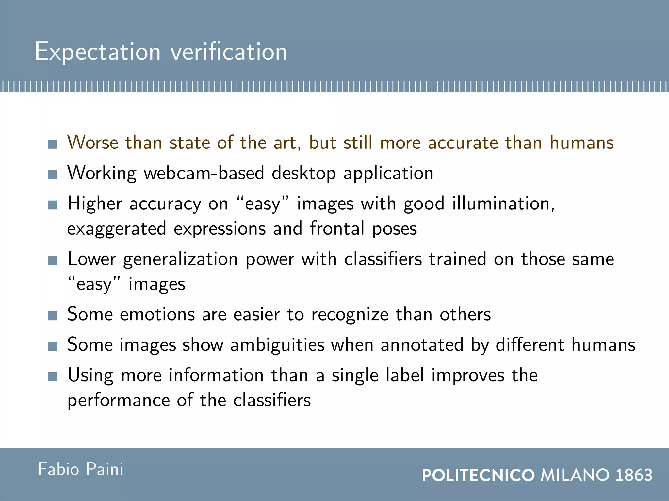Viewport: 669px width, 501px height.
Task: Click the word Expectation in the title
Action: pos(98,52)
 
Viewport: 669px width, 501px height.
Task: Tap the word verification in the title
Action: pos(229,52)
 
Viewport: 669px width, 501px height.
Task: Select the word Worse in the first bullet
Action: pos(92,143)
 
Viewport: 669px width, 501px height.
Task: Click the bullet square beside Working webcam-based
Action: pos(52,175)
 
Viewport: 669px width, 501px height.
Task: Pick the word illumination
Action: pos(503,204)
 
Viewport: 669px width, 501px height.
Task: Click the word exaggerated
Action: pos(117,229)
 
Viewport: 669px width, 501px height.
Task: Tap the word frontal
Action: pos(337,228)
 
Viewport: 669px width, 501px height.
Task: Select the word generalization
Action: pos(181,260)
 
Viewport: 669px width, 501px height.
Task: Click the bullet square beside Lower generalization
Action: pos(52,260)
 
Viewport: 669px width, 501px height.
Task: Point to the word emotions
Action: pos(157,314)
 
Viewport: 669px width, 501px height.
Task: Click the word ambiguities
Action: pos(277,345)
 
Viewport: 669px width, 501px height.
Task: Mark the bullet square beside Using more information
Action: pos(52,377)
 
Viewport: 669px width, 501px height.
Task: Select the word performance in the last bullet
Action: pos(119,401)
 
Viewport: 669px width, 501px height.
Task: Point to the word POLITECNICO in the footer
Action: pos(478,475)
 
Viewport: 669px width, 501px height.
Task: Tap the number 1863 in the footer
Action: pos(634,475)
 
